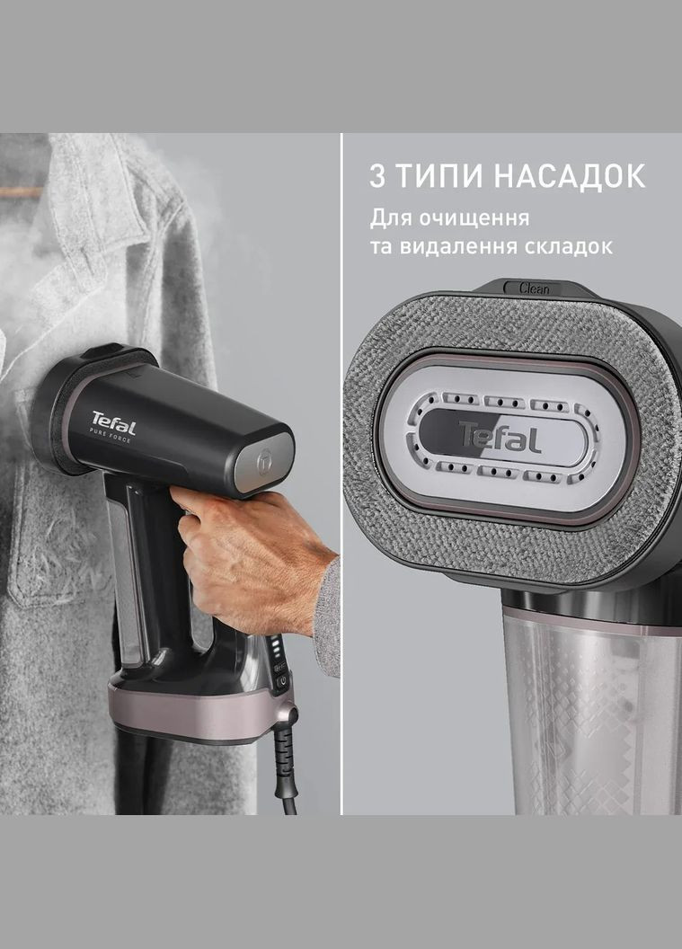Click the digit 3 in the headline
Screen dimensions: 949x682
[377, 175]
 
